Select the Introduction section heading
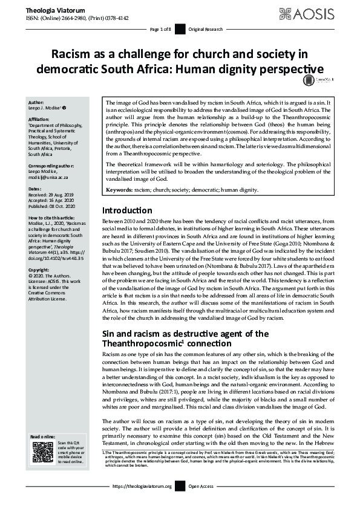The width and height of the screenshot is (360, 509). (127, 210)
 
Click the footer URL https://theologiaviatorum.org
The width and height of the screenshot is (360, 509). (142, 503)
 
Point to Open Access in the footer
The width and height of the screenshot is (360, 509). (201, 503)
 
